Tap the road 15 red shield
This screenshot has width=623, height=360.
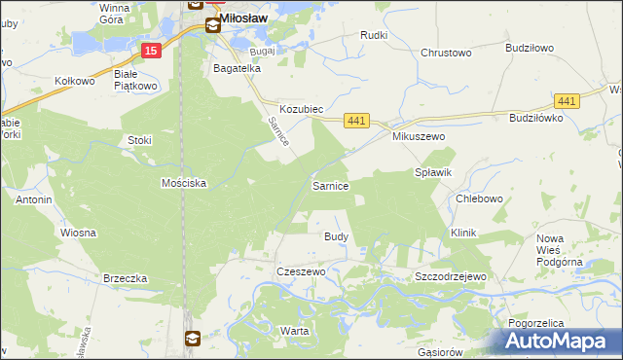(149, 50)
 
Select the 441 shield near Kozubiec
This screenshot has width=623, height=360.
(357, 120)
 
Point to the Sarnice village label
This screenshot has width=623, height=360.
(330, 185)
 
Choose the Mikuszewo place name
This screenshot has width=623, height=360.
(419, 137)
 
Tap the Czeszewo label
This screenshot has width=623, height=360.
(301, 272)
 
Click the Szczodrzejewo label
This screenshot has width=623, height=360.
(450, 276)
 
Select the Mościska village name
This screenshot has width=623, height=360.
(185, 183)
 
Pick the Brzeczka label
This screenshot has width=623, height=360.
(125, 278)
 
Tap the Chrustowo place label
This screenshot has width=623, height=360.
(447, 53)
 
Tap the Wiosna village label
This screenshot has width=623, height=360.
(78, 234)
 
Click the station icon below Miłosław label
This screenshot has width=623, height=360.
(212, 25)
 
